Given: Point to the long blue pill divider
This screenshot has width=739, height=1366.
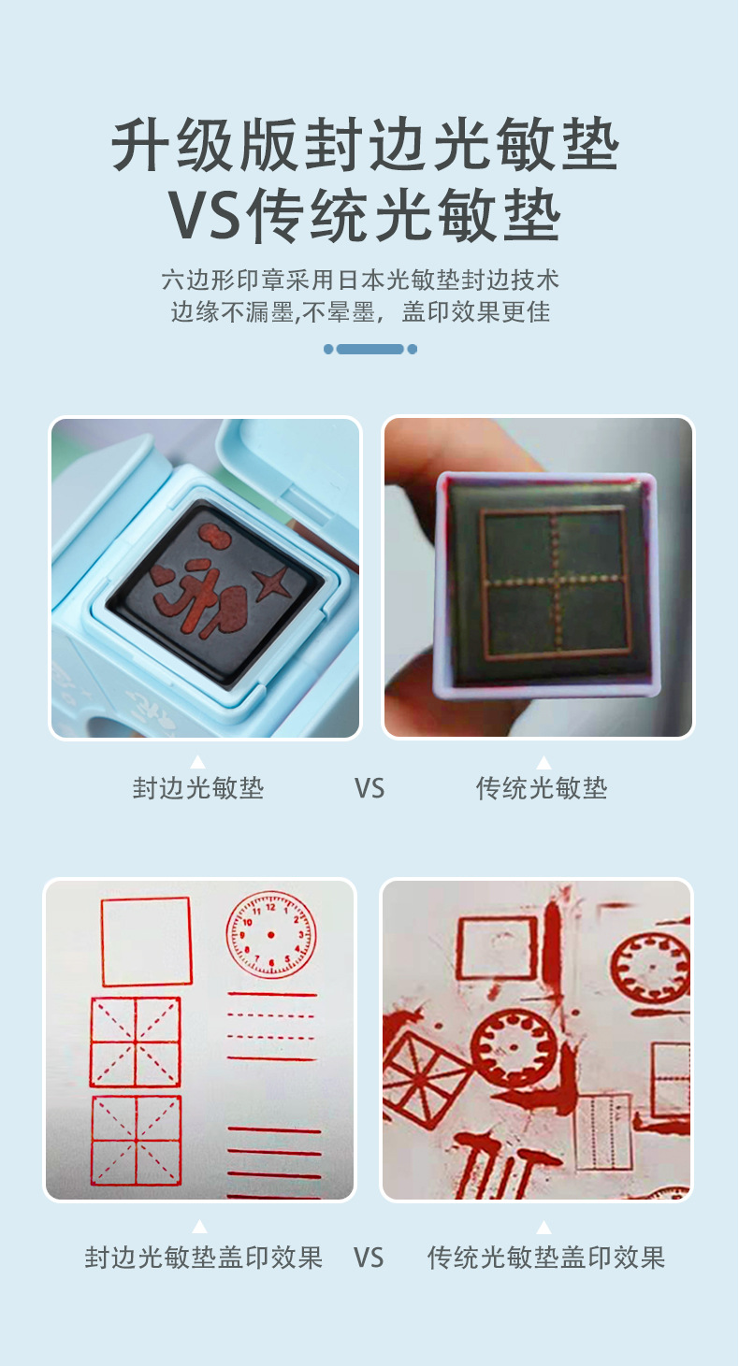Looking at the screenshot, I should coord(369,349).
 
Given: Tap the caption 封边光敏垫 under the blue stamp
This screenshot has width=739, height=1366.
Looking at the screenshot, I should coord(198,788).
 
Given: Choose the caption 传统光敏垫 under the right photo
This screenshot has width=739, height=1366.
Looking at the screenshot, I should coord(542,788).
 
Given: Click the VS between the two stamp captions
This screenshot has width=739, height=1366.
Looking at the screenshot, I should coord(369,788).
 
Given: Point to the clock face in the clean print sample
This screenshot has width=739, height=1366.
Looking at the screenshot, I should coord(271,935).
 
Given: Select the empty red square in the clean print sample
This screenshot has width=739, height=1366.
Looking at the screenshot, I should coord(146,942).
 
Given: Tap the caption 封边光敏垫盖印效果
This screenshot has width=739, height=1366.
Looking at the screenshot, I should coord(204,1258).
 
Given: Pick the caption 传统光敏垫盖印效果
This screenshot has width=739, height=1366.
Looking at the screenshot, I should coord(546,1258).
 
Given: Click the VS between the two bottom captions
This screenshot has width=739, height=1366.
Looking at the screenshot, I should coord(369,1258).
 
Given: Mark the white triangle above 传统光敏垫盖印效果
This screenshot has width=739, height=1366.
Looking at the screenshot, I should coord(543,1227).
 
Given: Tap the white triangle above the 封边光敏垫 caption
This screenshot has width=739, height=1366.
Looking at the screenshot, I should coord(197,761).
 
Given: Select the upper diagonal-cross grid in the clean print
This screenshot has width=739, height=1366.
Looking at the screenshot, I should coord(136,1042).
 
